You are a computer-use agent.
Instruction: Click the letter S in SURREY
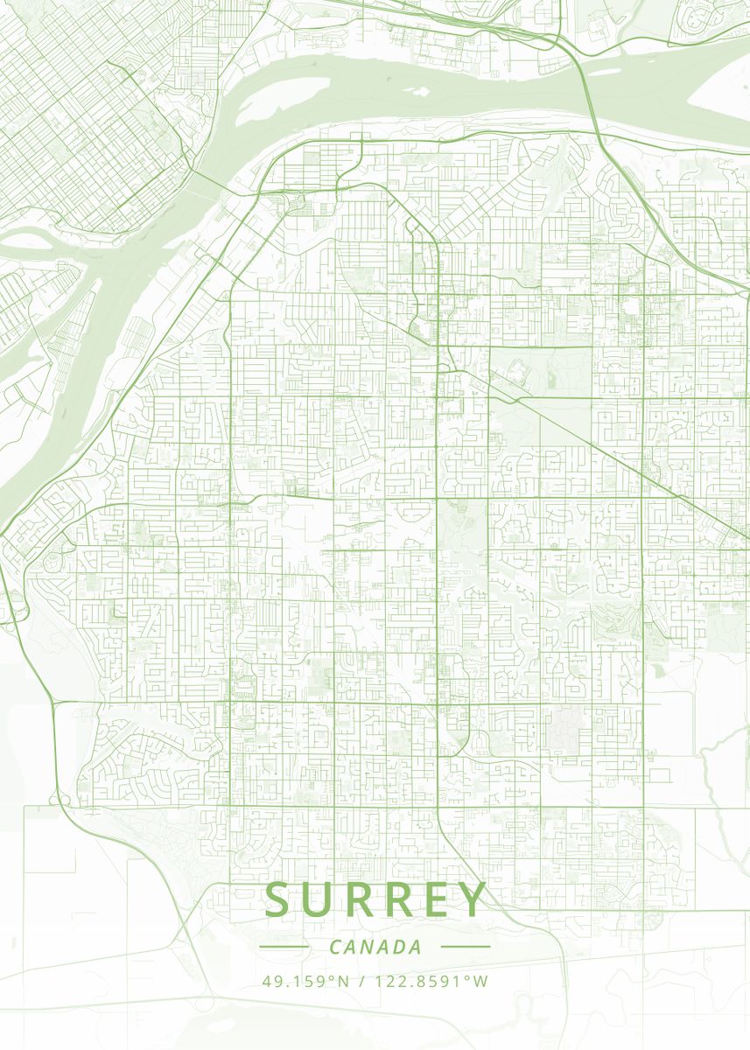tap(281, 899)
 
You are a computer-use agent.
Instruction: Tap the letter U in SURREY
tap(321, 899)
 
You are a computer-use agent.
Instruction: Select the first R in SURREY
tap(361, 899)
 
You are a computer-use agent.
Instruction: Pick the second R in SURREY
tap(402, 899)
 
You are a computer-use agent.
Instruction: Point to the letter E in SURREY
tap(438, 899)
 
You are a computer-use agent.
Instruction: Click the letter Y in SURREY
tap(472, 899)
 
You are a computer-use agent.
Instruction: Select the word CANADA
tap(375, 947)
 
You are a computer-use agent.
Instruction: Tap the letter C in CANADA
tap(336, 947)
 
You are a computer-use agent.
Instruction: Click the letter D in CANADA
tap(401, 947)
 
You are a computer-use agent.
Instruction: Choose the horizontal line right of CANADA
tap(465, 947)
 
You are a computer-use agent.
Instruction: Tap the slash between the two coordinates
tap(362, 981)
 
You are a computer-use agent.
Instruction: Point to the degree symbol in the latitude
tap(333, 976)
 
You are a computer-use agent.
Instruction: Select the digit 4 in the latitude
tap(267, 981)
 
